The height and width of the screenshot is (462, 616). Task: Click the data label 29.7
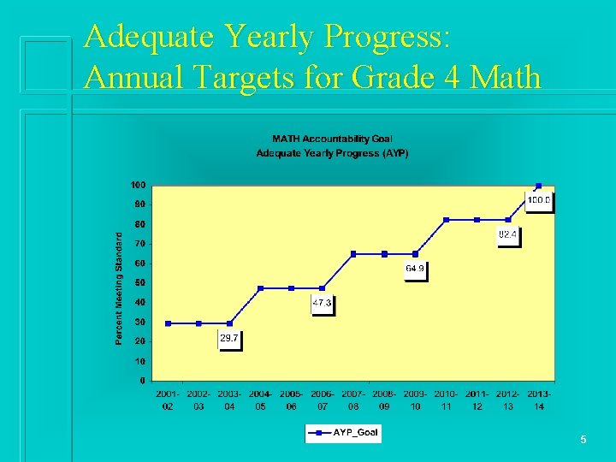click(x=229, y=340)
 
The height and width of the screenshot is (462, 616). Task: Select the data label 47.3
click(x=322, y=304)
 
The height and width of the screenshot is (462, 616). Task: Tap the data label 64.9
click(x=415, y=269)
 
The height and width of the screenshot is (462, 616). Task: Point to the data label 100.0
click(x=539, y=202)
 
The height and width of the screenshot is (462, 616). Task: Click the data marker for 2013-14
click(x=538, y=186)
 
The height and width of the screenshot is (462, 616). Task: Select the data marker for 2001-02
click(x=168, y=323)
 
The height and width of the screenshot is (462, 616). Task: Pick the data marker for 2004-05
click(x=260, y=288)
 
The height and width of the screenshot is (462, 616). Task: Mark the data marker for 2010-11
click(x=446, y=220)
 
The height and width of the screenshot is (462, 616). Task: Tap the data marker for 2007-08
click(x=353, y=254)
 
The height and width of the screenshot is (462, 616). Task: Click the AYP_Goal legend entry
click(x=343, y=433)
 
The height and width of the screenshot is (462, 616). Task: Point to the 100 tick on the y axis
click(x=137, y=185)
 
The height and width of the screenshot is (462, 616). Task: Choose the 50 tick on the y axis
click(x=139, y=282)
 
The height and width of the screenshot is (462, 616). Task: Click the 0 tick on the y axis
click(x=142, y=381)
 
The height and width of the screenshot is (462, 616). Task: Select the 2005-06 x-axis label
click(x=292, y=400)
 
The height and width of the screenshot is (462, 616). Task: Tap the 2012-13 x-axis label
click(x=507, y=400)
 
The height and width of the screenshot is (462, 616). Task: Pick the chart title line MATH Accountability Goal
click(x=332, y=139)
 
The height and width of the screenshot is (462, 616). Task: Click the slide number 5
click(x=583, y=440)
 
